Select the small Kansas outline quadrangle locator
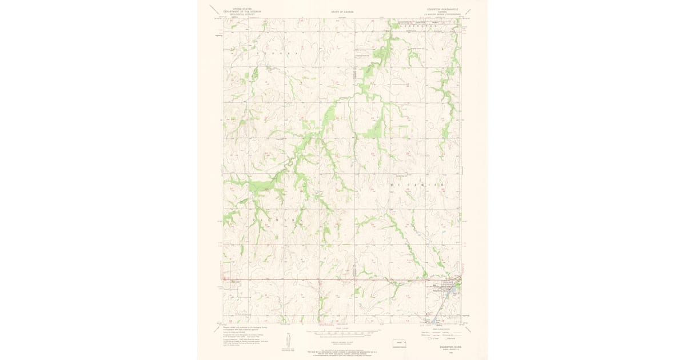point(397,343)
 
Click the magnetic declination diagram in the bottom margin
point(289,341)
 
